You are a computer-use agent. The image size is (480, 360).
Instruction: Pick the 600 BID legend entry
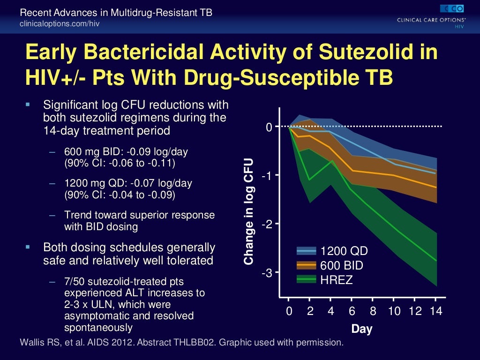341,266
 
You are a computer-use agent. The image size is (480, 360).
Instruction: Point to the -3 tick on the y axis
266,273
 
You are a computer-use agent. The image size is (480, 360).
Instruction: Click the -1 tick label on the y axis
266,175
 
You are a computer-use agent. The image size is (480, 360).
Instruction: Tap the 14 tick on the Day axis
436,312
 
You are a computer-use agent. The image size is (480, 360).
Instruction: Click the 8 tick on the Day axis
373,312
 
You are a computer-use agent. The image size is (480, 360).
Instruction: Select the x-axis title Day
361,329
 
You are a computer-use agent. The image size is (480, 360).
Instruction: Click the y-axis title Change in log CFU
248,211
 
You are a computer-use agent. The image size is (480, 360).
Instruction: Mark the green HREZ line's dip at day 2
309,180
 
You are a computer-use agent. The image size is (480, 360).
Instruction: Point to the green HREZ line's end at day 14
436,261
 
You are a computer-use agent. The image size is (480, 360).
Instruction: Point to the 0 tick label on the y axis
269,127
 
